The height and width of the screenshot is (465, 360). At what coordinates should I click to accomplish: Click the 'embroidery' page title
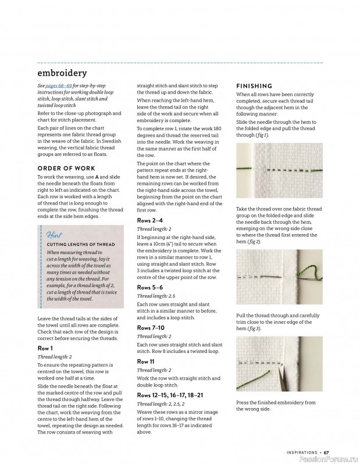point(62,73)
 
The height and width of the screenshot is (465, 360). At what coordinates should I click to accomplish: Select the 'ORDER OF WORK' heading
point(62,168)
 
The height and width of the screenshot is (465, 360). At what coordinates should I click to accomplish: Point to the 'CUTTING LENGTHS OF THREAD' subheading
point(81,245)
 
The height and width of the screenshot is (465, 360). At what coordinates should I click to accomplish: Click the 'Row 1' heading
point(45,348)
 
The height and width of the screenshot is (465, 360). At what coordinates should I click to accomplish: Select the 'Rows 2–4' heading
point(149,221)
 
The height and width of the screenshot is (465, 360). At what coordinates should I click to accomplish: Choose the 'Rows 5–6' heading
point(149,287)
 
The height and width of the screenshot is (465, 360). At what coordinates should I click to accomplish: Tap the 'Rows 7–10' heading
point(151,328)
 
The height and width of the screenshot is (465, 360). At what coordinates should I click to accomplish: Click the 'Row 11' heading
point(146,361)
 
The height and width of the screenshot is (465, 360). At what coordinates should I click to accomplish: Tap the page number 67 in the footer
point(327,452)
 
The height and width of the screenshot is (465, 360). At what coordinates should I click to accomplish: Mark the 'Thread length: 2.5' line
point(155,296)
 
